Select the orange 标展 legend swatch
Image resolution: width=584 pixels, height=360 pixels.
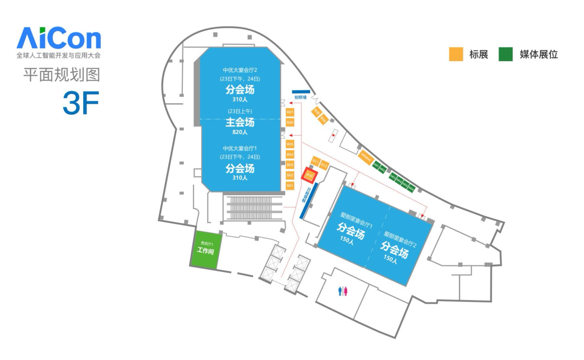coord(456,54)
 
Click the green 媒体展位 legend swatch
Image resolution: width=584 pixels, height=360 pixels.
coord(506,54)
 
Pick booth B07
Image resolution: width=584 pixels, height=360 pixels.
coord(290,112)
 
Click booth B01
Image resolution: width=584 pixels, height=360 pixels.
coord(290,185)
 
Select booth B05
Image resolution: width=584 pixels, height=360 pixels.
coord(290,144)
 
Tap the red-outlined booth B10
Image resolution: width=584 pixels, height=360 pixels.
coord(310,175)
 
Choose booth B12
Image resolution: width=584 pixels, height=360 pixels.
coord(324,165)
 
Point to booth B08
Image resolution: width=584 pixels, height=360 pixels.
coord(316,112)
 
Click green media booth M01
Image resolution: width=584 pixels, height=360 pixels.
coord(376,165)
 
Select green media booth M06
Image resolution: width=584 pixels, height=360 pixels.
coord(412,189)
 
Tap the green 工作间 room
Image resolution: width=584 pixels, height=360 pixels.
coord(205,250)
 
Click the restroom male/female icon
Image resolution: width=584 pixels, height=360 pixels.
coord(342,291)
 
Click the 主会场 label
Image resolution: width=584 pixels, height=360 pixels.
coord(240,123)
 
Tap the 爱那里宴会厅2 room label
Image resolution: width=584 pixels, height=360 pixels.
coord(399,236)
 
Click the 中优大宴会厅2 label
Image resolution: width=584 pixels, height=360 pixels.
coord(240,70)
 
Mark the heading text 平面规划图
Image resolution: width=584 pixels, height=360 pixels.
coord(62,75)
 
